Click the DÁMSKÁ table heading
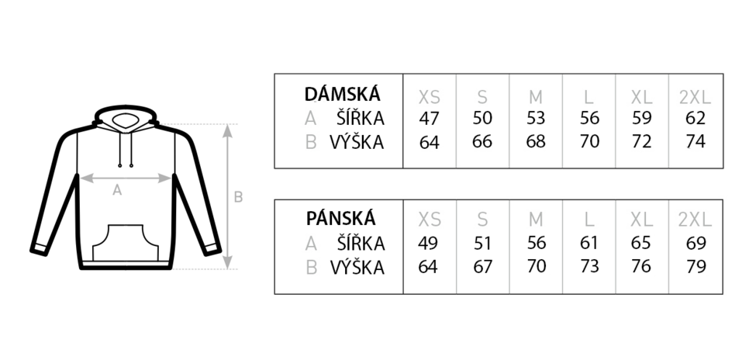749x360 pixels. pyautogui.click(x=342, y=94)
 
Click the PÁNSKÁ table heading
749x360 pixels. pyautogui.click(x=340, y=218)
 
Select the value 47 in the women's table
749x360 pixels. pyautogui.click(x=429, y=118)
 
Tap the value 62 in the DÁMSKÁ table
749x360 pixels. pyautogui.click(x=695, y=118)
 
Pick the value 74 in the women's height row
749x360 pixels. pyautogui.click(x=695, y=141)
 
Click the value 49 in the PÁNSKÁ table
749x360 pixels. pyautogui.click(x=428, y=243)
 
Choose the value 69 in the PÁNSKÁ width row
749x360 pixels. pyautogui.click(x=695, y=243)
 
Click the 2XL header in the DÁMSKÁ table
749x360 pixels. pyautogui.click(x=695, y=98)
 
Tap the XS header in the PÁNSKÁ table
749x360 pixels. pyautogui.click(x=430, y=220)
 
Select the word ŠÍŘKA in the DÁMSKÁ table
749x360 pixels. pyautogui.click(x=361, y=118)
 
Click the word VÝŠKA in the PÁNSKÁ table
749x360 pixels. pyautogui.click(x=357, y=266)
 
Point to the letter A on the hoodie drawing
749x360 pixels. pyautogui.click(x=117, y=191)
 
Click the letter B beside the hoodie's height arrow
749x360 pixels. pyautogui.click(x=238, y=197)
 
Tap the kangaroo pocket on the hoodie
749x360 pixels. pyautogui.click(x=125, y=243)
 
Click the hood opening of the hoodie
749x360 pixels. pyautogui.click(x=125, y=120)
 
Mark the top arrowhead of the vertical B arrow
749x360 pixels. pyautogui.click(x=228, y=130)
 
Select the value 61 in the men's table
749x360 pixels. pyautogui.click(x=589, y=243)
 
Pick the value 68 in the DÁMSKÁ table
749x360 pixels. pyautogui.click(x=536, y=141)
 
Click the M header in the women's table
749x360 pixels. pyautogui.click(x=536, y=98)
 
